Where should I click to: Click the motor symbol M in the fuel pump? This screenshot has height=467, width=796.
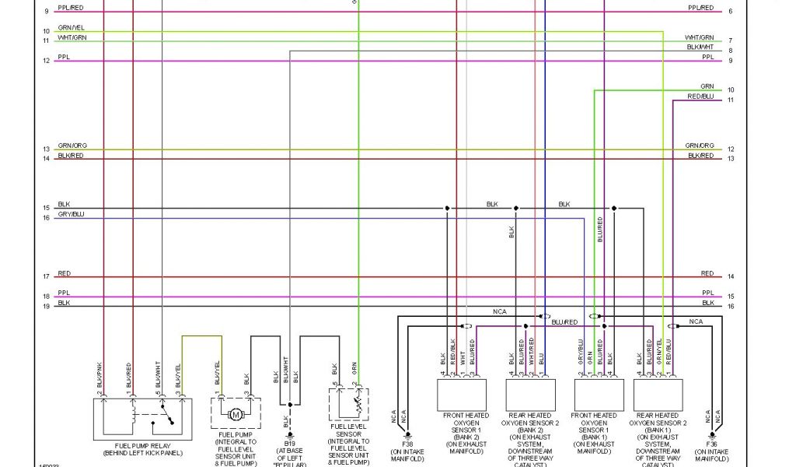point(236,414)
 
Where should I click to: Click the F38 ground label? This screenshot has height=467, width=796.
point(407,444)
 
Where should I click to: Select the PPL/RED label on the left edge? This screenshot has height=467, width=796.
point(71,8)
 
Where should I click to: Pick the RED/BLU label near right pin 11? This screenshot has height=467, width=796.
point(700,97)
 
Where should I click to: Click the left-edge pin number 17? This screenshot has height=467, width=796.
point(47,276)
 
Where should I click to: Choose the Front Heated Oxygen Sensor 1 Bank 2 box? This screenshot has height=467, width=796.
point(466,395)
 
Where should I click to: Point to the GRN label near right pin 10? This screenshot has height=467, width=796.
point(707,86)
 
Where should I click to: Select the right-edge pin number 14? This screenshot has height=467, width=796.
point(731,276)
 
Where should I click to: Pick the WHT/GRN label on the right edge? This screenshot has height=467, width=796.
point(700,37)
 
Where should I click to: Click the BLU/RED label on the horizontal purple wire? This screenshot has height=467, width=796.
point(564,321)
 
